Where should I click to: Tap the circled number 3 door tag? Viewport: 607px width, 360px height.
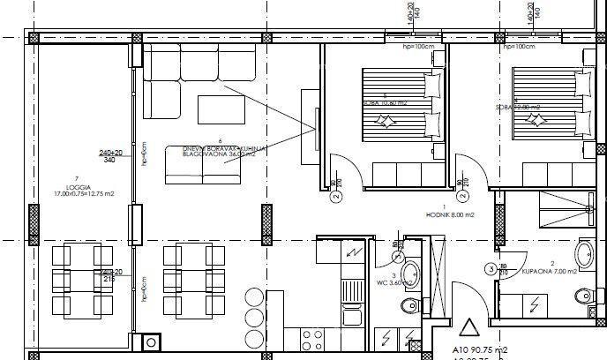(x=491, y=268)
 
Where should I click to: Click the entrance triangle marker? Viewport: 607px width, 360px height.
(x=469, y=329)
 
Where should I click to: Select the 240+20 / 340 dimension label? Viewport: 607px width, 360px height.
(x=109, y=155)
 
